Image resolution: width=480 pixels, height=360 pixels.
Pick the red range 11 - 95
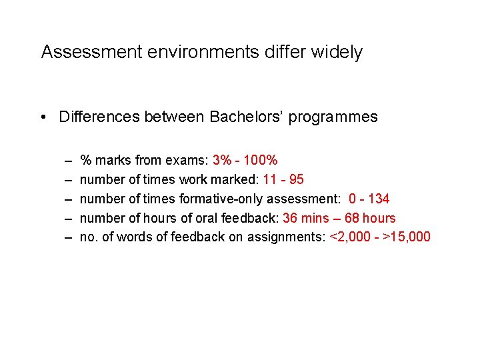pyautogui.click(x=283, y=179)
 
